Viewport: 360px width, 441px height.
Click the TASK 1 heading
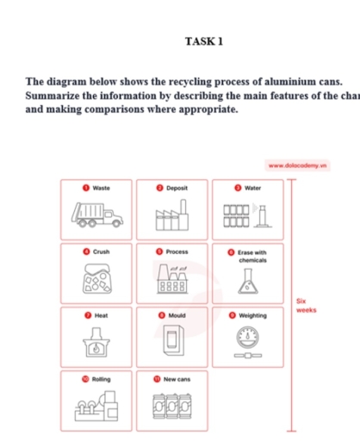tap(203, 41)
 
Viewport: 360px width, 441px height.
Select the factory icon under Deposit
tap(171, 213)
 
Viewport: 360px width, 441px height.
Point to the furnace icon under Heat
tap(96, 343)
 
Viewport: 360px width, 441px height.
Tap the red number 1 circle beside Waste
tap(86, 187)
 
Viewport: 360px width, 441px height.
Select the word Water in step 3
tap(252, 187)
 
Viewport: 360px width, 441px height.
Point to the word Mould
tap(177, 315)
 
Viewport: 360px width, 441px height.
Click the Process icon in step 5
tap(171, 277)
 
